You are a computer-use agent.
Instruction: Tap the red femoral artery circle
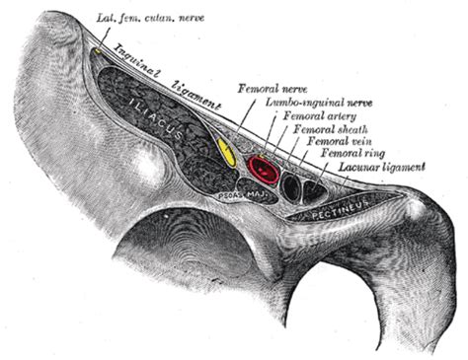(266, 169)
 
